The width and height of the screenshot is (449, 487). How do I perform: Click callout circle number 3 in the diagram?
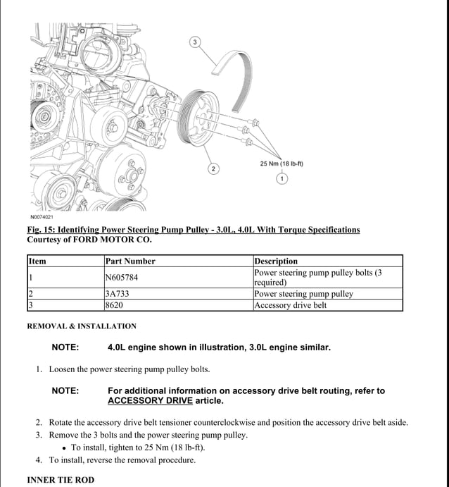pos(195,42)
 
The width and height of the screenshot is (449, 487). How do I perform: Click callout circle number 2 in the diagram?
pos(213,168)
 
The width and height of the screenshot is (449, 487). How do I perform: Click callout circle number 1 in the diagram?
pos(282,179)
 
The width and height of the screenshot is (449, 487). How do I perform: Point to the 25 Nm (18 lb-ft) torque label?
pos(282,164)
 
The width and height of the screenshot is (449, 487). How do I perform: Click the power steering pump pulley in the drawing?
pos(195,120)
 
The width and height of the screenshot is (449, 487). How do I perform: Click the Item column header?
pos(37,261)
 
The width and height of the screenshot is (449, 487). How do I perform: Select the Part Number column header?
pos(130,261)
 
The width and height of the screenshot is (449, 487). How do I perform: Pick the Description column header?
pos(276,261)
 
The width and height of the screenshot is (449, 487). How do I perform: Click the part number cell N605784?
pos(122,278)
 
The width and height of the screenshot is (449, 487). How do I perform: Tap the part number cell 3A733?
pos(116,294)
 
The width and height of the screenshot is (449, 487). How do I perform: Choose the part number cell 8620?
pos(114,305)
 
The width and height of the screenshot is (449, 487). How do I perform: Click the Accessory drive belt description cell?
pos(291,305)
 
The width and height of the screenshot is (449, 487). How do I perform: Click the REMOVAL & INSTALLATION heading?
pos(82,326)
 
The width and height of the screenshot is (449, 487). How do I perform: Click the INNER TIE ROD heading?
pos(61,480)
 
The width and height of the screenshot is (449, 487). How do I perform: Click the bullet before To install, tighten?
pos(63,448)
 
